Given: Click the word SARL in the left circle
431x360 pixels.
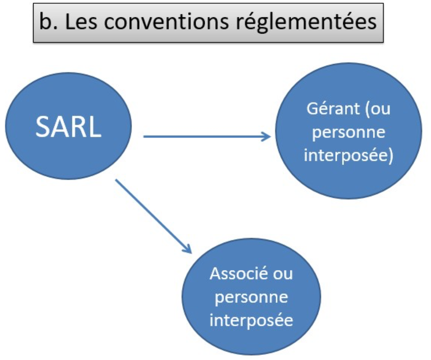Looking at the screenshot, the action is [x=69, y=127].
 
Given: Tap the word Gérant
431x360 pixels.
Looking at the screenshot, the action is [x=333, y=109].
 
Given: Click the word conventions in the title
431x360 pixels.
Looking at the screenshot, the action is [x=166, y=22].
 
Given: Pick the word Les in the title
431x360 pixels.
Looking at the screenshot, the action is [x=81, y=22].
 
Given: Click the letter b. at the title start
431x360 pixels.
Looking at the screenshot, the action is [x=48, y=22].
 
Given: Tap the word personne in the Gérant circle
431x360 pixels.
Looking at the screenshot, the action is [x=349, y=133].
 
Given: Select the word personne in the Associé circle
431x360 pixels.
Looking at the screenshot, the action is [x=251, y=298].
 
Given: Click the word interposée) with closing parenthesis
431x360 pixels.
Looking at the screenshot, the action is [x=349, y=156].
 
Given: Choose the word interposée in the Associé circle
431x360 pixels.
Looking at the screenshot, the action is [x=251, y=320].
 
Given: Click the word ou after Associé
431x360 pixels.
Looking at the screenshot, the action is [x=283, y=274].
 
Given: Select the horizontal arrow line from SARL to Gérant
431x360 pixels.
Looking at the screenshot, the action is [x=207, y=137].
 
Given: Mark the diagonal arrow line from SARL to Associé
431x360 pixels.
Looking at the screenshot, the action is [x=153, y=216].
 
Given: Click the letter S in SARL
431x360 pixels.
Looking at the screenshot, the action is [x=43, y=127].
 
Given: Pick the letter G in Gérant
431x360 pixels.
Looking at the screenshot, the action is [x=312, y=109].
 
